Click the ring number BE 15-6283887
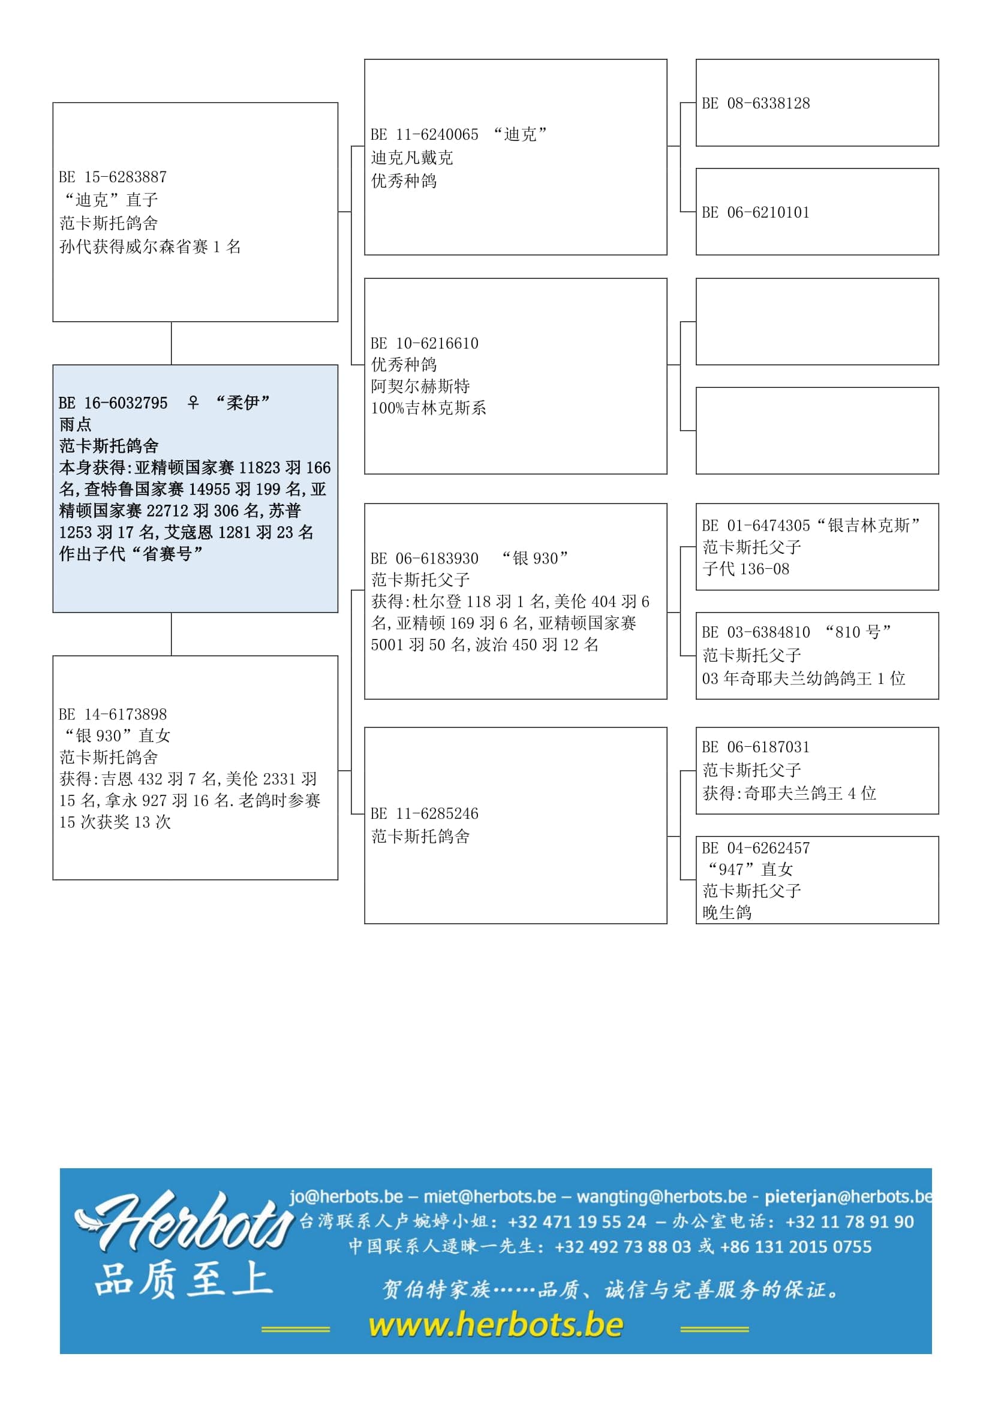tap(113, 177)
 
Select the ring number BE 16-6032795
tap(113, 403)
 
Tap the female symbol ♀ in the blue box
tap(193, 402)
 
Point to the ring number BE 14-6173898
tap(113, 714)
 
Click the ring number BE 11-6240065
tap(425, 134)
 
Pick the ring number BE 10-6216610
tap(425, 343)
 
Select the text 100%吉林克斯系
tap(428, 408)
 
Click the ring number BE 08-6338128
tap(756, 103)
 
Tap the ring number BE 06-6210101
tap(756, 213)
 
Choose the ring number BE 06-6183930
tap(425, 558)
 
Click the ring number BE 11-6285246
tap(425, 813)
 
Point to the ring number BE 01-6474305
tap(756, 525)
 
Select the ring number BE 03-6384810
tap(756, 632)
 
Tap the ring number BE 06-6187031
tap(756, 747)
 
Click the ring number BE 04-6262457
tap(756, 848)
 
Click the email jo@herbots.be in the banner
tap(345, 1196)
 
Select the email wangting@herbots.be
tap(662, 1196)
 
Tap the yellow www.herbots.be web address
tap(496, 1325)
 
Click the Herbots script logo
tap(184, 1221)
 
